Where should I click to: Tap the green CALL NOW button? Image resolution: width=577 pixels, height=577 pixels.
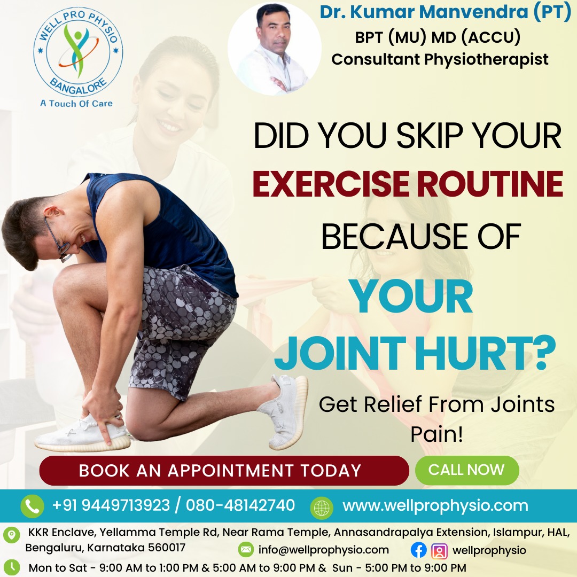pos(466,470)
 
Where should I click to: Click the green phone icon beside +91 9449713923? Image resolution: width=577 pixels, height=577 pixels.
pos(32,506)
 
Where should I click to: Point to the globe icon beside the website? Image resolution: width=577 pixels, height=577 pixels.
pos(322,506)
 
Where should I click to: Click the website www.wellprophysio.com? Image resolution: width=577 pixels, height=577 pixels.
pos(435,505)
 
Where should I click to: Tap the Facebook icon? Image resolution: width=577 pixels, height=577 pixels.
pos(419,550)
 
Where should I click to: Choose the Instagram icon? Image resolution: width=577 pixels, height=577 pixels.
pos(439,550)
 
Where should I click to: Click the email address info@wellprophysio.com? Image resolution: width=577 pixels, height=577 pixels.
pos(323,550)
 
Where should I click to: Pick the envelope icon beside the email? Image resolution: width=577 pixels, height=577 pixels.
pos(246,550)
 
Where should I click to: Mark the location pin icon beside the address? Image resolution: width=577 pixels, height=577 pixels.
pos(11,534)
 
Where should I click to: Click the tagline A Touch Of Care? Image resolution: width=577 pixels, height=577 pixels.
pos(76,103)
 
